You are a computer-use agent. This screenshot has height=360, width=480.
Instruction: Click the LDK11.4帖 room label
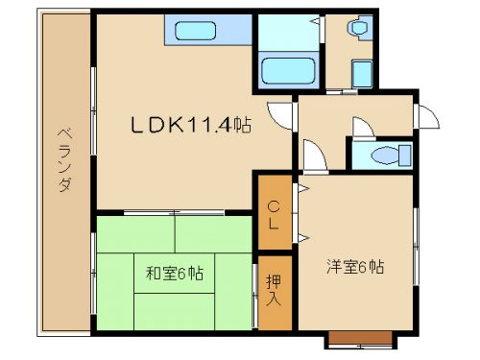191,125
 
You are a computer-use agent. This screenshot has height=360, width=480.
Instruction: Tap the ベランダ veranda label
64,159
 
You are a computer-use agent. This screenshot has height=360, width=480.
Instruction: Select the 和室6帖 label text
175,274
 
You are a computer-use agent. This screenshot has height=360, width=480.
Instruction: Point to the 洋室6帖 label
355,267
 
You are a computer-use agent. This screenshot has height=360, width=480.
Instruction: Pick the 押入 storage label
274,290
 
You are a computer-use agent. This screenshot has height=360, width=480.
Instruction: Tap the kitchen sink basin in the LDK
196,31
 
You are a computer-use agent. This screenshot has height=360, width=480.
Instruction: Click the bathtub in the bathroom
288,71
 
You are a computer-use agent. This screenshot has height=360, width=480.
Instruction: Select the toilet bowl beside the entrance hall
386,156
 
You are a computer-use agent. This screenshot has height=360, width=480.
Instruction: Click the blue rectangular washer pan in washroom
362,74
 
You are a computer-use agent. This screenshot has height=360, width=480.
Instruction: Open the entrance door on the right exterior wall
426,116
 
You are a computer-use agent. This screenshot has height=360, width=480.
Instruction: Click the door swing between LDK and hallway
280,115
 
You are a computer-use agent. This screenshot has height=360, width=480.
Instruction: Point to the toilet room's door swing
364,129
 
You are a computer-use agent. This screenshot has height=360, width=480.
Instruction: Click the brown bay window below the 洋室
360,338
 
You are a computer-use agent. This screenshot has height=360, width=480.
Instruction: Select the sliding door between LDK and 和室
175,212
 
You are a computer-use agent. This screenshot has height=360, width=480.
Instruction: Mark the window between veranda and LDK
93,111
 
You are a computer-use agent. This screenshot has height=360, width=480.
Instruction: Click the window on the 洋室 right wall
416,247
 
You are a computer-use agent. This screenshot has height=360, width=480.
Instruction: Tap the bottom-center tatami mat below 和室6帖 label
175,311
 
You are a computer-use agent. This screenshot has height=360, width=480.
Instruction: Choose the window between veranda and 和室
93,274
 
